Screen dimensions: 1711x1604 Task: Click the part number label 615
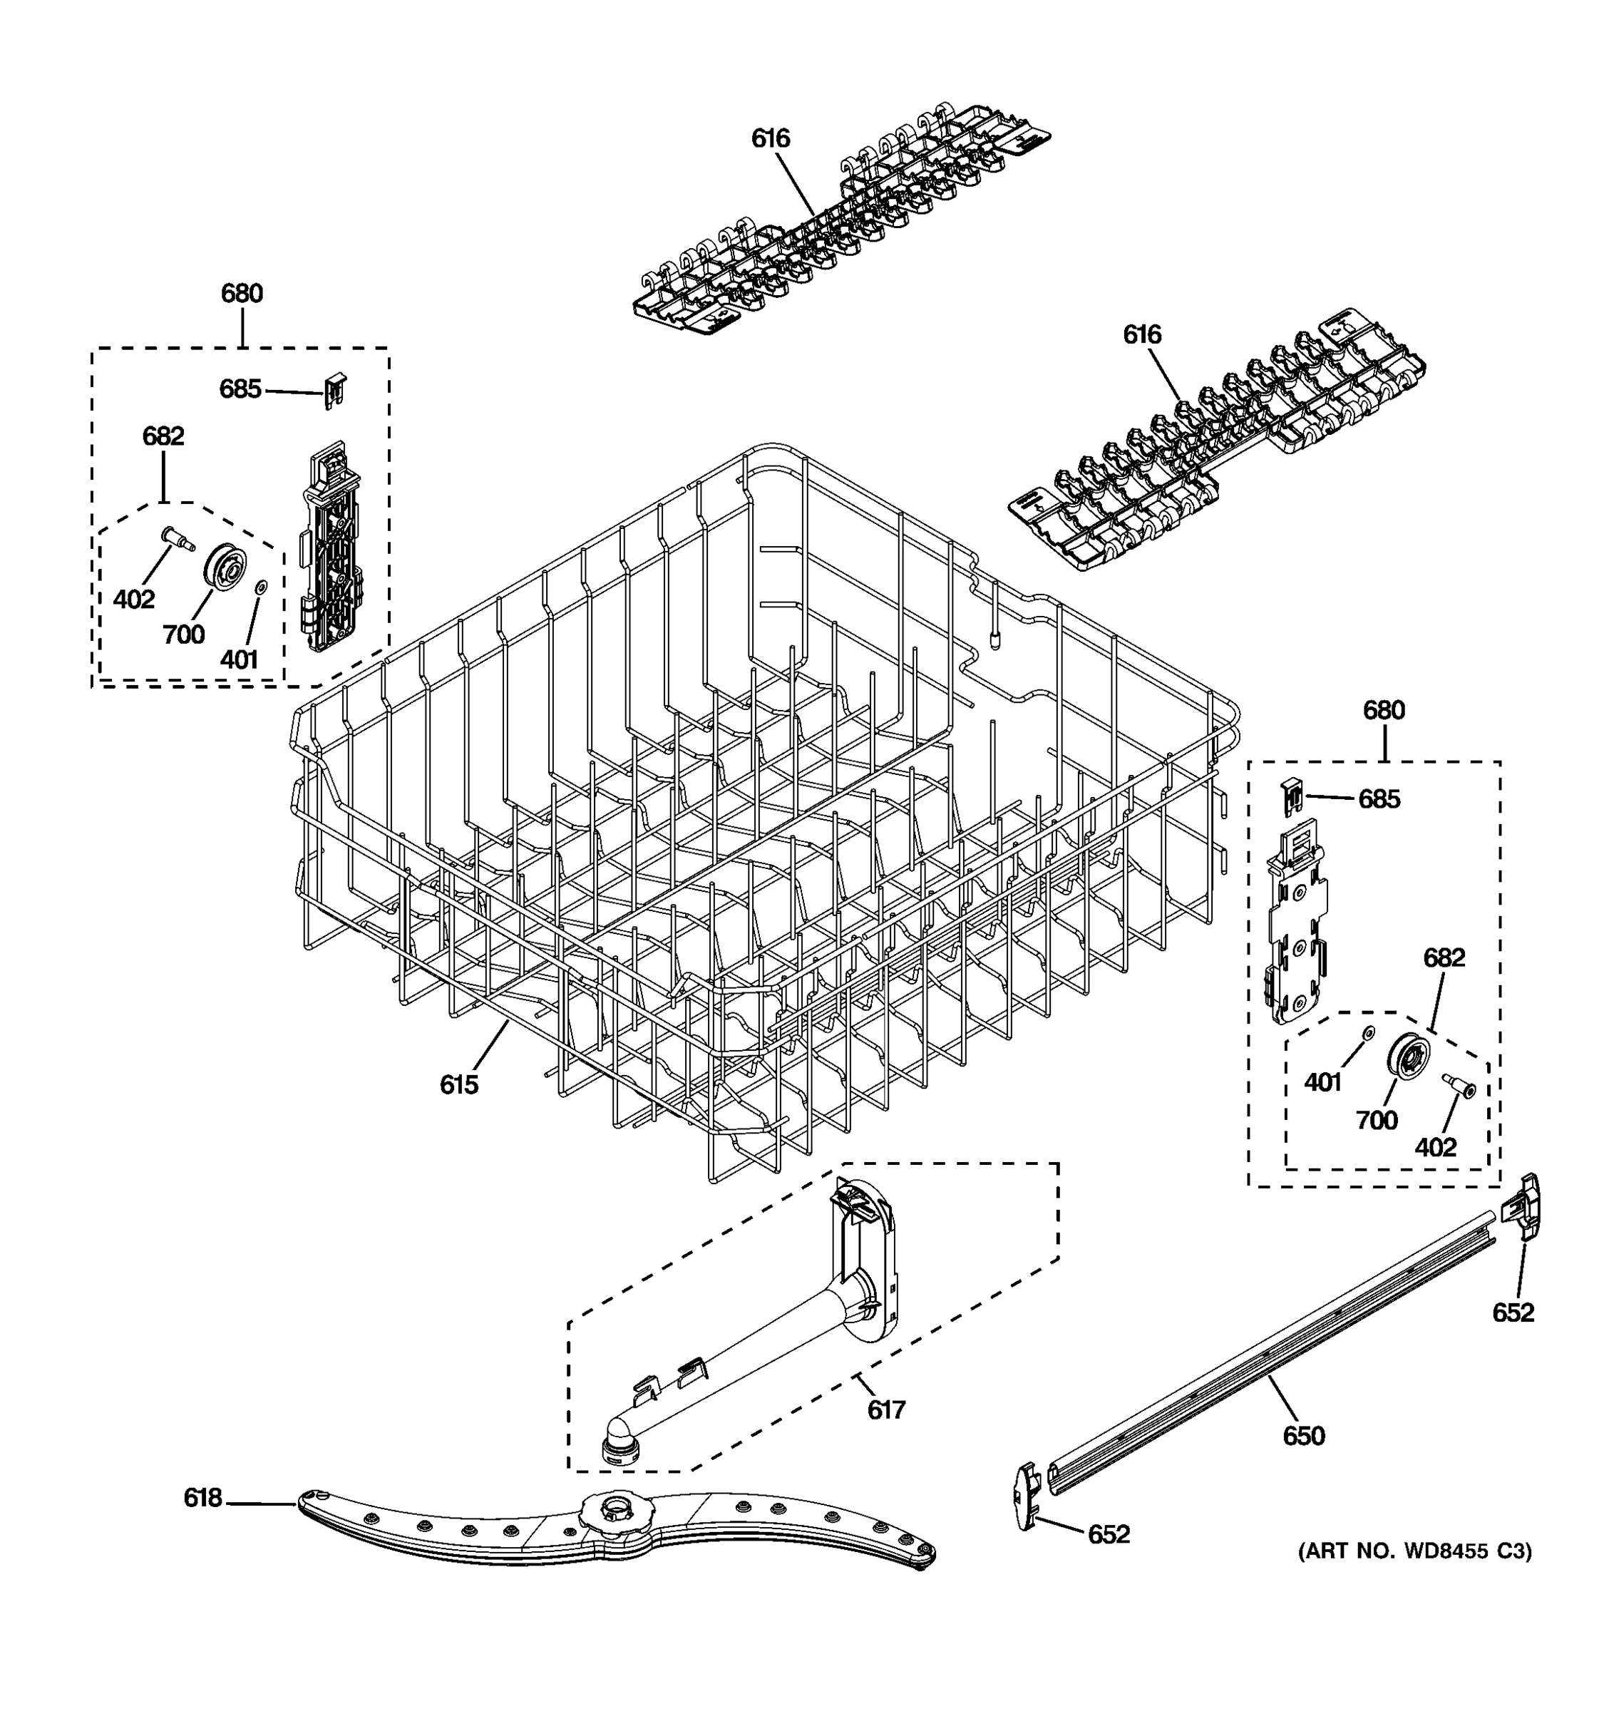458,1085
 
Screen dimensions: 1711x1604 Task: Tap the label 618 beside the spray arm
203,1499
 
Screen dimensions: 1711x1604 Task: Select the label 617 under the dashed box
886,1409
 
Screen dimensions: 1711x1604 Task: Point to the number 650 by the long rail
1304,1436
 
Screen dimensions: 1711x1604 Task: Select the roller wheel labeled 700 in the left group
225,567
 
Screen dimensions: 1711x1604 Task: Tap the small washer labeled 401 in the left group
262,587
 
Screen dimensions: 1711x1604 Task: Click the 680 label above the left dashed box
242,294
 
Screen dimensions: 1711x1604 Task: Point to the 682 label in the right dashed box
1444,957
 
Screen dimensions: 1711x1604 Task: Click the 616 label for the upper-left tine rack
770,138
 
